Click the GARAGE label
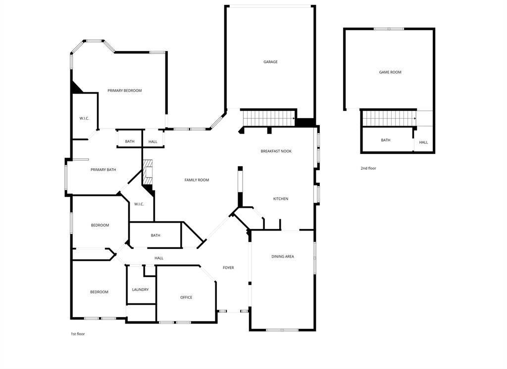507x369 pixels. click(270, 62)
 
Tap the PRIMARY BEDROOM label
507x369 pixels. click(124, 91)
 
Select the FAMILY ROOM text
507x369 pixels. click(197, 180)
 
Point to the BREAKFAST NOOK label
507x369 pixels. click(276, 151)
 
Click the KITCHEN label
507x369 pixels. click(281, 199)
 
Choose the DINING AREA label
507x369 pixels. click(283, 257)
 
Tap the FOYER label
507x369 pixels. click(228, 268)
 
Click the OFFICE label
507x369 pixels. click(186, 297)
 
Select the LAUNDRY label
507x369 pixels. click(140, 289)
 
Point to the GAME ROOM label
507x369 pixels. click(390, 72)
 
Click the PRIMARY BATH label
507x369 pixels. click(103, 170)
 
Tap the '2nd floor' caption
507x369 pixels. click(368, 168)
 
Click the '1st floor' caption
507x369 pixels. click(78, 334)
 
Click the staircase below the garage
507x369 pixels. click(269, 118)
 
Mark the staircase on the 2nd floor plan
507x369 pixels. click(389, 118)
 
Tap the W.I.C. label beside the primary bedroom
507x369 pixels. click(84, 119)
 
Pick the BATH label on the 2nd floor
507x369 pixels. click(385, 140)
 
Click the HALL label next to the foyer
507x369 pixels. click(159, 258)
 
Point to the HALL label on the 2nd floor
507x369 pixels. click(424, 142)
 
